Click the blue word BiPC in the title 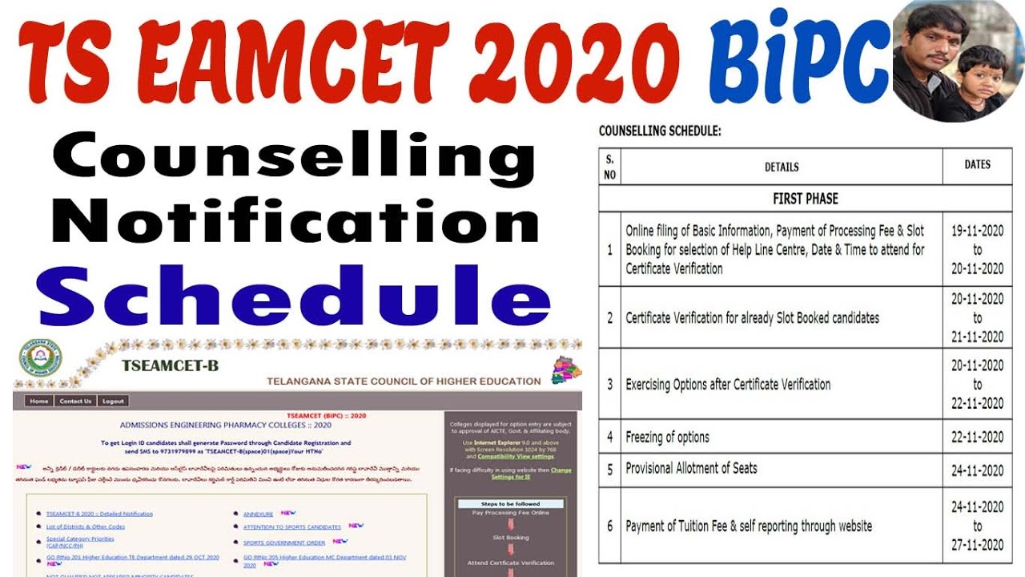[x=799, y=60]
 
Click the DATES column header [x=977, y=165]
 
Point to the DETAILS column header [x=782, y=167]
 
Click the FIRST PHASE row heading [x=806, y=199]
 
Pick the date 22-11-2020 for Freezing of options [x=977, y=438]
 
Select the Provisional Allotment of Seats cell [x=691, y=468]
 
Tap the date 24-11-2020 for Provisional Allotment [x=977, y=470]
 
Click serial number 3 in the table [x=609, y=385]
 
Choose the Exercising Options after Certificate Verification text [x=728, y=385]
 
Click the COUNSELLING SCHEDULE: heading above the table [x=660, y=131]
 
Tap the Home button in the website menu [x=38, y=401]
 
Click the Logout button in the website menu [x=113, y=401]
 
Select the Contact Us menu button [x=75, y=401]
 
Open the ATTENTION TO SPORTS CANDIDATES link [x=292, y=527]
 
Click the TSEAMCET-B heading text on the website [x=170, y=366]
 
